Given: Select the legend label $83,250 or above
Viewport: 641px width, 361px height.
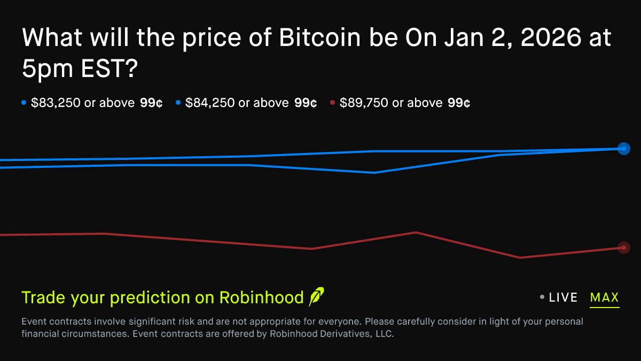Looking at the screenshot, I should click(x=82, y=103).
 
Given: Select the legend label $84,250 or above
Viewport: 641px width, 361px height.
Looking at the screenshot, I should click(x=237, y=103).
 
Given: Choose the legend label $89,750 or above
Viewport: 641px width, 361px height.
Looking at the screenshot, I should click(x=390, y=103).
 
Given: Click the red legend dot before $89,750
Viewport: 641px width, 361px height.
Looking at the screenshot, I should click(x=332, y=103).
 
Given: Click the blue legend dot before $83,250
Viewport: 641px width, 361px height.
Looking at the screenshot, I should click(x=24, y=103).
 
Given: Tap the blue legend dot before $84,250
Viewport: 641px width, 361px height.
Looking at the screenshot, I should click(x=178, y=103).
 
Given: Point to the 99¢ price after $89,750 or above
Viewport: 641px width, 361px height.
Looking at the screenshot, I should click(x=459, y=103).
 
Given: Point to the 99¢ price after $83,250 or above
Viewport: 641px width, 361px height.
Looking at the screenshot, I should click(x=151, y=103).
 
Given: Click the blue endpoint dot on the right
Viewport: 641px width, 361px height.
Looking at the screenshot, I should click(x=623, y=149).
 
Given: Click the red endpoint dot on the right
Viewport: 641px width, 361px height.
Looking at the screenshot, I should click(x=623, y=247).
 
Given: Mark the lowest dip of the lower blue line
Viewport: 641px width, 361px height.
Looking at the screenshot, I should click(x=374, y=172).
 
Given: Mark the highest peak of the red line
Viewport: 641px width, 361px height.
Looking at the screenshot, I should click(x=416, y=232).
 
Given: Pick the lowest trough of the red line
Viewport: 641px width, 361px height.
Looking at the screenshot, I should click(x=519, y=258).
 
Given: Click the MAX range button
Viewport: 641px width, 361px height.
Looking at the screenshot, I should click(x=604, y=298).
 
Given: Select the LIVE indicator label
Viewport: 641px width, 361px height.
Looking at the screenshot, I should click(x=563, y=298).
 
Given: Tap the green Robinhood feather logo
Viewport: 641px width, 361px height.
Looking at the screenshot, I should click(x=316, y=297).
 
